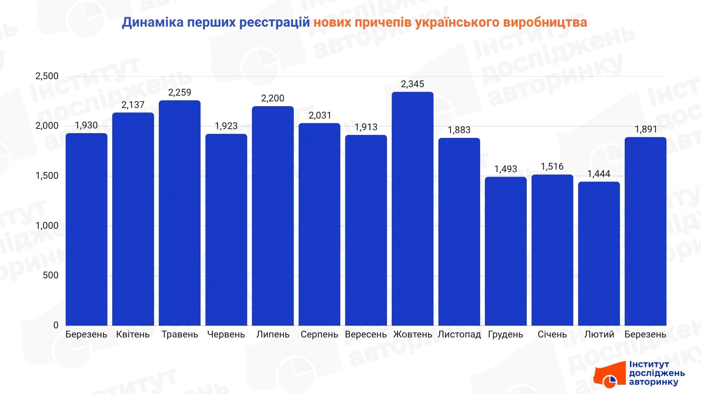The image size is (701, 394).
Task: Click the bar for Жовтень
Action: pos(413,209)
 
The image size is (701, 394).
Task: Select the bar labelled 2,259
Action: pos(180,213)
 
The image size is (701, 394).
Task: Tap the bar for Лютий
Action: pos(599,254)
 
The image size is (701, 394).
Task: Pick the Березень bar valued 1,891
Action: pos(646,231)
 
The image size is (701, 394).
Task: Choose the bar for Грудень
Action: pos(506,251)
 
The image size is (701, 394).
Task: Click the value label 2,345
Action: pos(413,84)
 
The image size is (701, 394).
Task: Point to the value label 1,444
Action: pos(599,174)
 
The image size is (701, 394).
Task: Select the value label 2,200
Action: pos(273,98)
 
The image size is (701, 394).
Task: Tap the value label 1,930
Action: pos(86,125)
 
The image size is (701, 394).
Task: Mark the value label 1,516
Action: pos(552,167)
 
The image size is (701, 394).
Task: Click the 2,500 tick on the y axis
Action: pos(47,76)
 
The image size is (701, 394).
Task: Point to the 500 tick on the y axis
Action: pos(50,275)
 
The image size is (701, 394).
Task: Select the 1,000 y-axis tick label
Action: pos(47,225)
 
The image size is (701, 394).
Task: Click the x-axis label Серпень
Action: pos(319,335)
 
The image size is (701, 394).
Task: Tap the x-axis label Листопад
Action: pos(459,335)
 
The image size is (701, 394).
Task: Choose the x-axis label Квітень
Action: pos(133,335)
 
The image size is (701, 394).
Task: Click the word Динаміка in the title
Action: pos(152,23)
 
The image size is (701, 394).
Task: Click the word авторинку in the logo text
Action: pos(654,382)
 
